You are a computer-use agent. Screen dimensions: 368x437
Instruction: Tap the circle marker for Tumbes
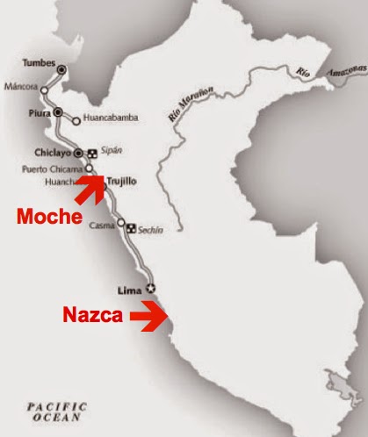[61, 68]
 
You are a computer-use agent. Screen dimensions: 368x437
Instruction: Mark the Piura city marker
[58, 112]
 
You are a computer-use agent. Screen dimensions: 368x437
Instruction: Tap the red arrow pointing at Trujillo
[91, 182]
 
